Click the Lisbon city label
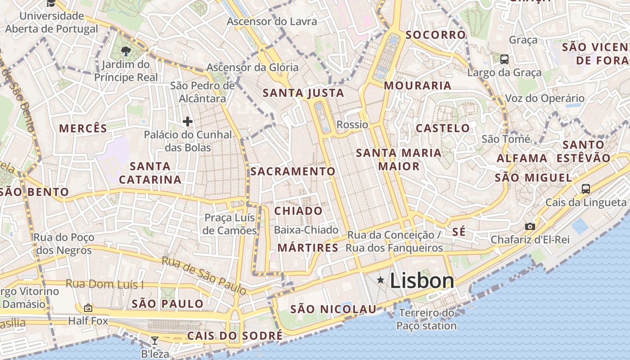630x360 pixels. click(x=422, y=281)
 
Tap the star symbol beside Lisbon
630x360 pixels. click(x=381, y=280)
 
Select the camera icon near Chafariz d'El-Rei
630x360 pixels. click(x=530, y=226)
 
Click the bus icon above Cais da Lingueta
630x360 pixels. click(x=585, y=189)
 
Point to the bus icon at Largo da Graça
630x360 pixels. click(x=504, y=59)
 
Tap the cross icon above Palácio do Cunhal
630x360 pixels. click(x=187, y=121)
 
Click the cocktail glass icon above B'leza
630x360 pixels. click(x=155, y=341)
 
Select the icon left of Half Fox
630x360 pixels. click(x=88, y=308)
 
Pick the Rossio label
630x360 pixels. click(x=352, y=125)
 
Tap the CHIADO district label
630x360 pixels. click(x=298, y=211)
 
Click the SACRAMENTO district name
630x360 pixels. click(x=292, y=171)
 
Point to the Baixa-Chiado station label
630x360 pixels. click(x=306, y=230)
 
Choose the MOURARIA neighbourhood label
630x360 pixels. click(x=418, y=85)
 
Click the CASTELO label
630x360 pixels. click(x=443, y=128)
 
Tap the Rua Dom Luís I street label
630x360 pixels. click(x=104, y=284)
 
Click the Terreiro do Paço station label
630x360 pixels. click(x=427, y=319)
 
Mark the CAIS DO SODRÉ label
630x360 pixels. click(x=234, y=336)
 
